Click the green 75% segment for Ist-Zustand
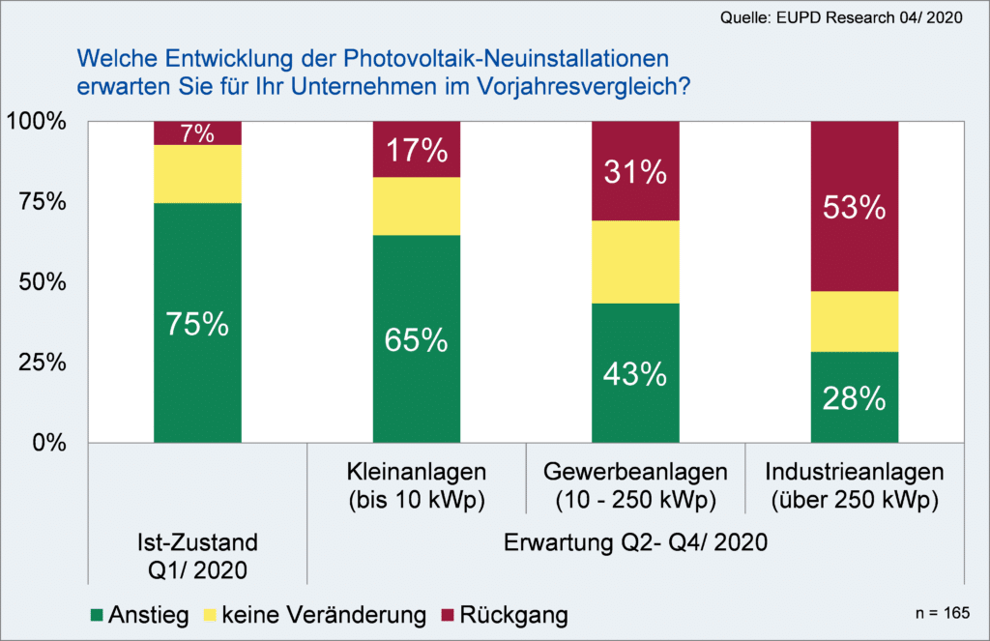click(197, 323)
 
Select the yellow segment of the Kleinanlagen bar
click(417, 206)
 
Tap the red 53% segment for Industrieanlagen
click(855, 206)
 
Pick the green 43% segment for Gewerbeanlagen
click(635, 373)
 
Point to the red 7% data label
click(197, 133)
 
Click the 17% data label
click(417, 150)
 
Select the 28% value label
click(855, 398)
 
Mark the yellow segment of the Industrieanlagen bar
click(855, 321)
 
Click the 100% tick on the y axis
click(36, 122)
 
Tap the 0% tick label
click(45, 444)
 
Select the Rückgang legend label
click(513, 615)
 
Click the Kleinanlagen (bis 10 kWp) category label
click(417, 486)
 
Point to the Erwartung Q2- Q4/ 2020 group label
click(635, 542)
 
